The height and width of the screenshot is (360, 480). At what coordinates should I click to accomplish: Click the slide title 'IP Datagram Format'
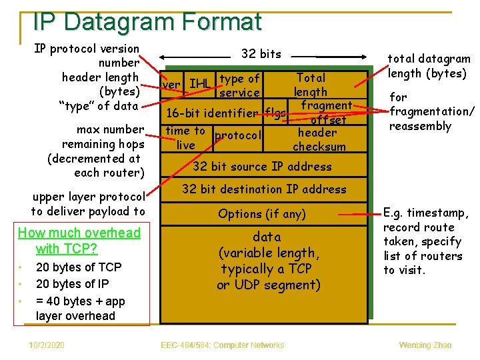[147, 22]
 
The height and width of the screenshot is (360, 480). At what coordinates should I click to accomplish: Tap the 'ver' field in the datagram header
[171, 85]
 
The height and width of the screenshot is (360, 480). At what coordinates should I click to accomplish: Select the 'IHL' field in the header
[199, 84]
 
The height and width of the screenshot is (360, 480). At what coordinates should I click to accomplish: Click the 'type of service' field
[239, 86]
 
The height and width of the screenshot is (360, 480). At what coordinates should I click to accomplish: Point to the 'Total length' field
[311, 85]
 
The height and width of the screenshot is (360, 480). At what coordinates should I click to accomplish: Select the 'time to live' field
[186, 138]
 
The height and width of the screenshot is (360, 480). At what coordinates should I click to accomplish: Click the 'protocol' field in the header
[237, 135]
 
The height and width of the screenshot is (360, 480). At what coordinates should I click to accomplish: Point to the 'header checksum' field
[319, 139]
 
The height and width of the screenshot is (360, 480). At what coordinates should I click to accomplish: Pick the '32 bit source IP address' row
[262, 166]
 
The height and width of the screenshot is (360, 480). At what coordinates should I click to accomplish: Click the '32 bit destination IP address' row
[264, 189]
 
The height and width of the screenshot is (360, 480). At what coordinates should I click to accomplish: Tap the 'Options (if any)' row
[262, 214]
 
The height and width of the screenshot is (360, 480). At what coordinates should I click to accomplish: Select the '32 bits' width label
[261, 54]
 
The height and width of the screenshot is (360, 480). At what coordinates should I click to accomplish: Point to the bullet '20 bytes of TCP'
[79, 267]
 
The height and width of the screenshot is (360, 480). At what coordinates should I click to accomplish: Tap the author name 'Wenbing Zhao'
[425, 345]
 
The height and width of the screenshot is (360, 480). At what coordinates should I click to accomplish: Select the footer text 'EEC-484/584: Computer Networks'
[223, 345]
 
